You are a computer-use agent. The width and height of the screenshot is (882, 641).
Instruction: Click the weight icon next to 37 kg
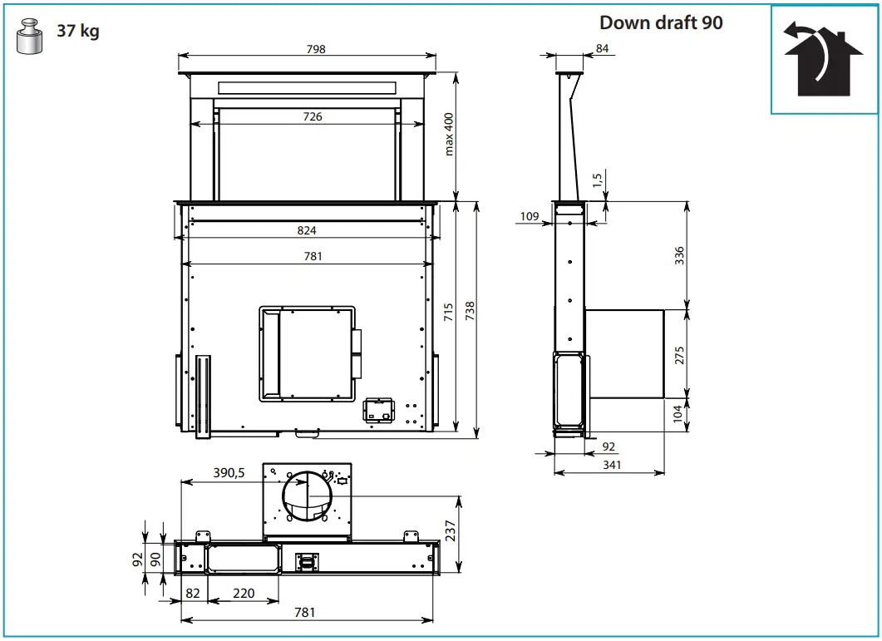29,37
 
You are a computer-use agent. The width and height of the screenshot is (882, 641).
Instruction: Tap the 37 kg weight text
78,31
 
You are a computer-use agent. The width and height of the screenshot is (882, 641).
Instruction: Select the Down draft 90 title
661,22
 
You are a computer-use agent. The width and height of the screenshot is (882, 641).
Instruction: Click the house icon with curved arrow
824,60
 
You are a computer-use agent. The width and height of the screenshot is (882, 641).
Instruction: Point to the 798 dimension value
316,49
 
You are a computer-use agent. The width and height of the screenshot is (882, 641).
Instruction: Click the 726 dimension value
313,116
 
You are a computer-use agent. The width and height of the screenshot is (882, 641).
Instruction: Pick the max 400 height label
448,134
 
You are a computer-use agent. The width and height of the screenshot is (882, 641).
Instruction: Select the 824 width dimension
307,230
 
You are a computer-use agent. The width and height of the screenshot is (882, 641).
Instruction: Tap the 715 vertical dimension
448,313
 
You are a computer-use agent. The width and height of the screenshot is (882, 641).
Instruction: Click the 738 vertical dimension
470,311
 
